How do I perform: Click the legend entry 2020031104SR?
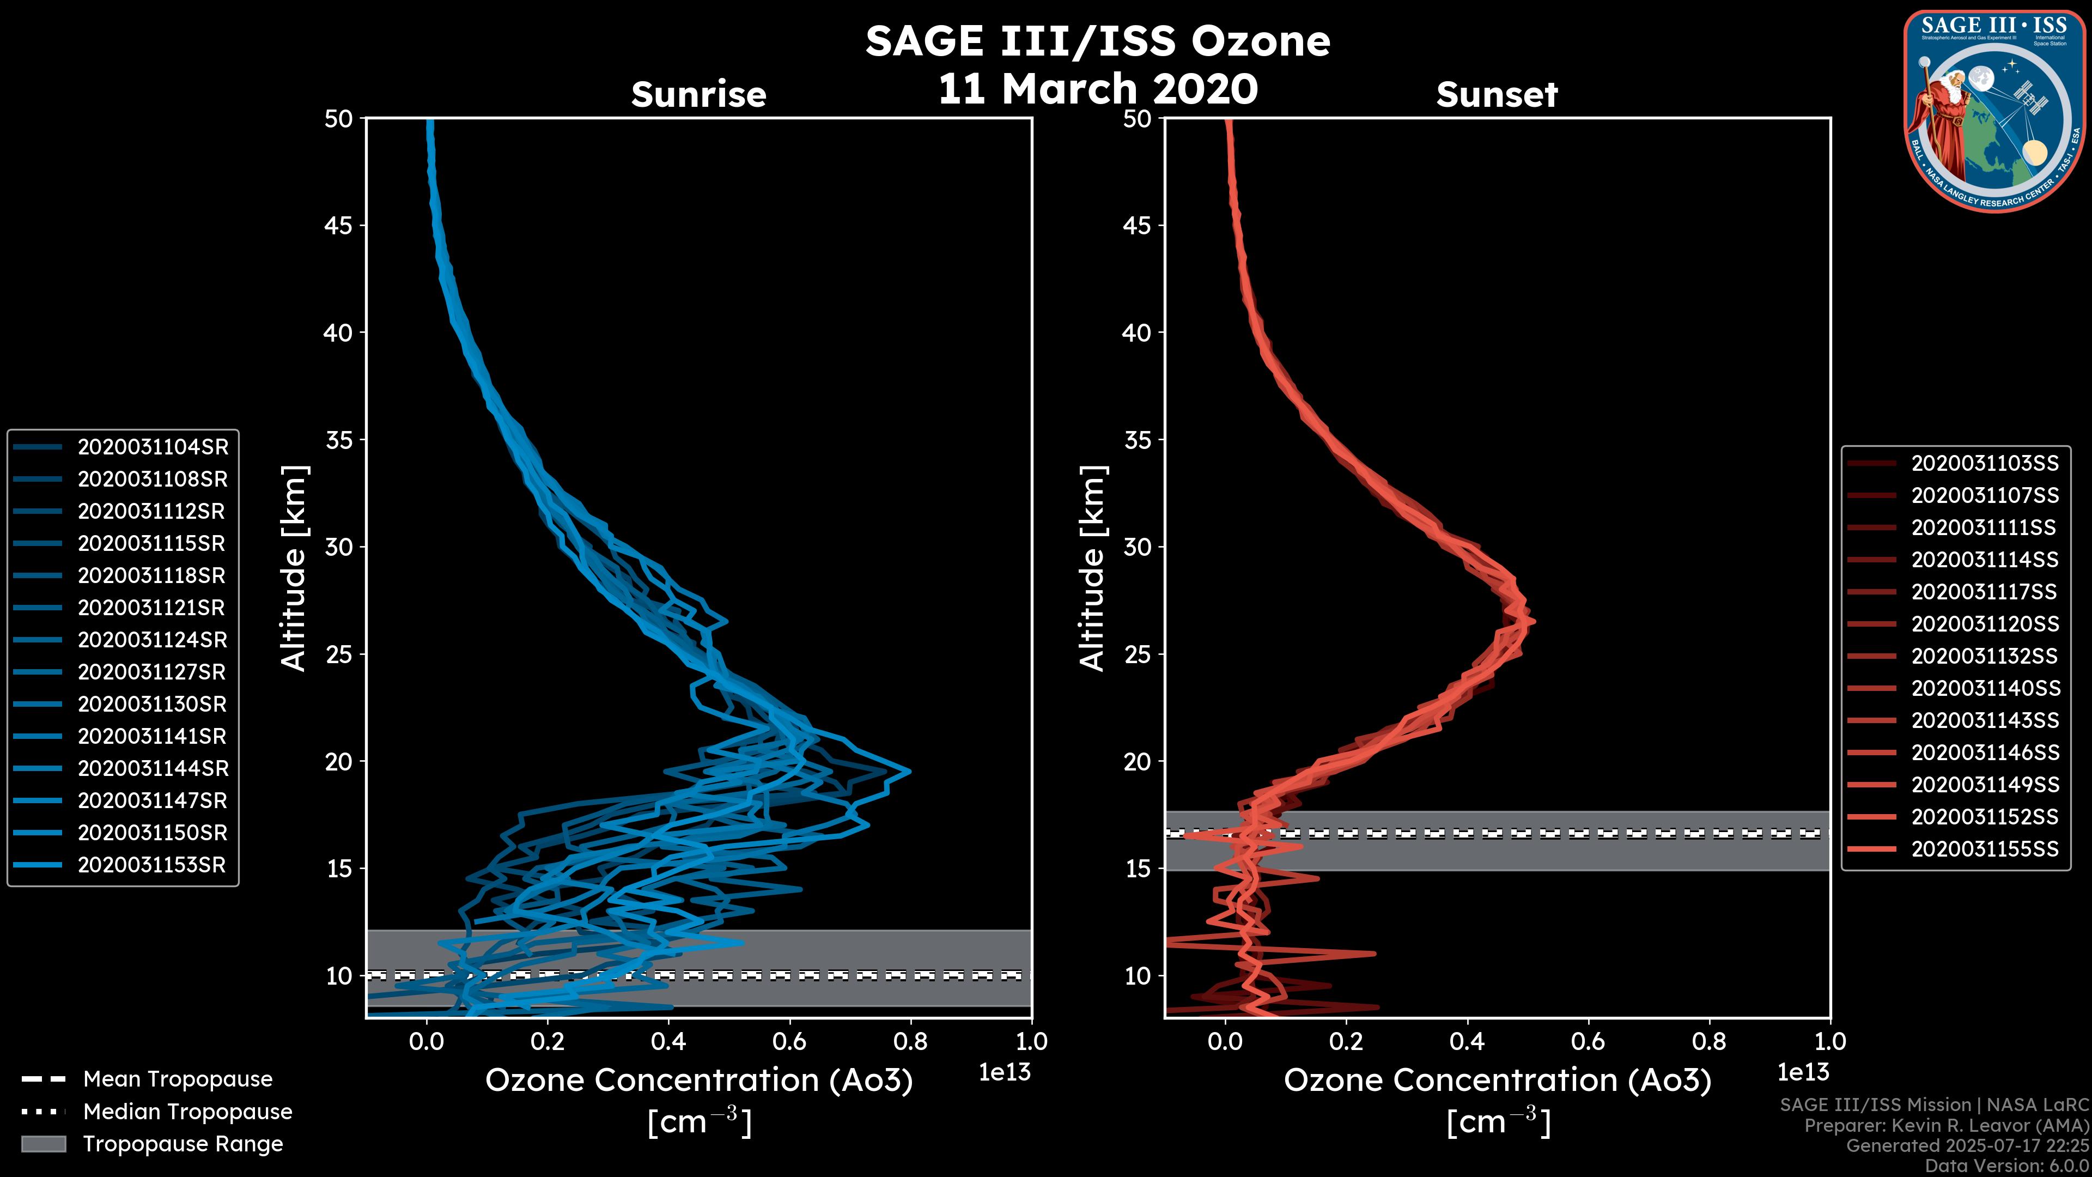click(153, 447)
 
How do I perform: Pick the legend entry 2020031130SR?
click(152, 704)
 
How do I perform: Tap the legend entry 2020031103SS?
click(1984, 463)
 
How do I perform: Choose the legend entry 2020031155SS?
click(1984, 849)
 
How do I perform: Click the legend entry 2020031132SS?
click(1984, 656)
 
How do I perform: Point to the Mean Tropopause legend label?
click(178, 1079)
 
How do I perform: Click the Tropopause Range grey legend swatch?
click(43, 1144)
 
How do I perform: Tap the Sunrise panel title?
click(698, 94)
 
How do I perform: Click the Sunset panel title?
click(1497, 94)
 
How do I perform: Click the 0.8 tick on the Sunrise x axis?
click(910, 1041)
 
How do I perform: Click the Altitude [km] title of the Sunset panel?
click(1092, 568)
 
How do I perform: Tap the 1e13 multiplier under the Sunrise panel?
click(1005, 1072)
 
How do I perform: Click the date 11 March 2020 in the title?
click(1098, 89)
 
